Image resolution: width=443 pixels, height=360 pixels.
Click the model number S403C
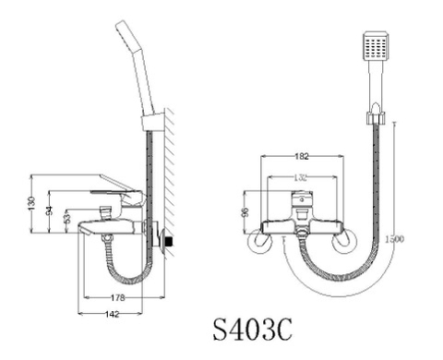click(254, 330)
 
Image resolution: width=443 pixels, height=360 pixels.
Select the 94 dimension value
click(50, 210)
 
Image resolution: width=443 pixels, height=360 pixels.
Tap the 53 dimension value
click(66, 218)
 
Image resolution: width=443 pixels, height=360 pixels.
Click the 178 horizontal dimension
click(118, 296)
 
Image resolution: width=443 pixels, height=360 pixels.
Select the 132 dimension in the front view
click(303, 177)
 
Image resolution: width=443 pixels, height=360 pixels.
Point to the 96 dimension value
click(245, 211)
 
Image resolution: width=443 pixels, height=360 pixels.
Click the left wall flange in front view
click(262, 241)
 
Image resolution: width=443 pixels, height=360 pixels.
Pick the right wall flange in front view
click(343, 241)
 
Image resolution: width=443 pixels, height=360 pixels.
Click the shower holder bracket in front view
click(374, 118)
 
